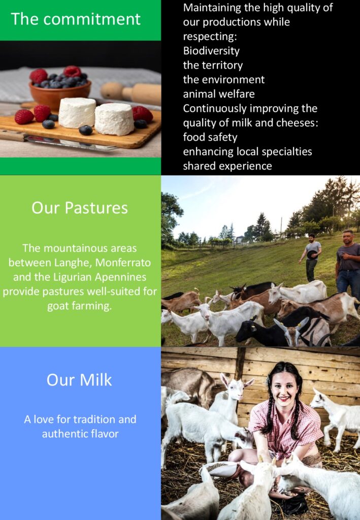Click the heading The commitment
tap(76, 19)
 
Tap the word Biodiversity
tap(211, 51)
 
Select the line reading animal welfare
tap(219, 94)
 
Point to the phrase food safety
tap(210, 137)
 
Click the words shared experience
tap(227, 166)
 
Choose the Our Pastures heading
tap(80, 208)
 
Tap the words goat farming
tap(80, 306)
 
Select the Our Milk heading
tap(79, 380)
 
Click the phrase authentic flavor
tap(80, 434)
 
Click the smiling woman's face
tap(284, 387)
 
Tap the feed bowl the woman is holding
tap(221, 468)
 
